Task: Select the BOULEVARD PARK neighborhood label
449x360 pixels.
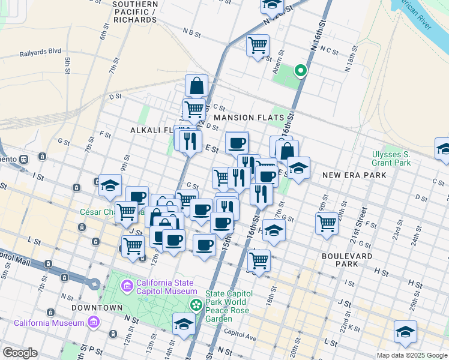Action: [347, 261]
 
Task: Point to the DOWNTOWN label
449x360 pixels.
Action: [89, 308]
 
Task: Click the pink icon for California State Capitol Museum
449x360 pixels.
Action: [127, 284]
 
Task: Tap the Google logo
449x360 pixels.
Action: [20, 353]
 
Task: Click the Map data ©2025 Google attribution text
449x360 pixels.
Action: [411, 355]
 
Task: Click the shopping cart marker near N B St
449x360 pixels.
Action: [258, 45]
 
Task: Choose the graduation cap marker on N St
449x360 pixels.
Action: [184, 325]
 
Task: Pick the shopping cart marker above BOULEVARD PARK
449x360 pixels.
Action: [327, 223]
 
